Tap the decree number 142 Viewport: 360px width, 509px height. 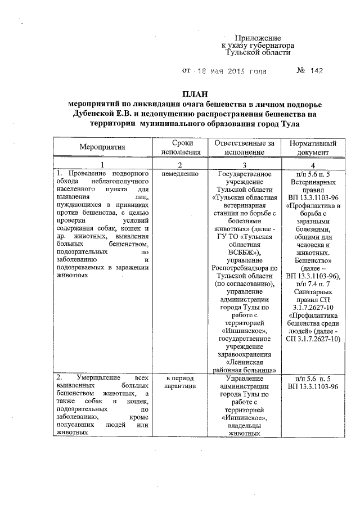point(317,71)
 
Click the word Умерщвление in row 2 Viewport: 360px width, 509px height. point(93,379)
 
